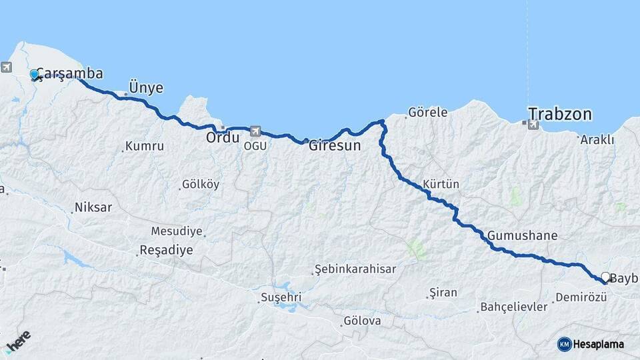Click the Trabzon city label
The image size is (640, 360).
[560, 114]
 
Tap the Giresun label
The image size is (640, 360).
[335, 145]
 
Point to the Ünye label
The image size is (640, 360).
[145, 88]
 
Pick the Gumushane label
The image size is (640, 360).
[522, 235]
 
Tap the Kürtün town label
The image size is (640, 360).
[441, 184]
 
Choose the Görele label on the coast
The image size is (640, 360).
[427, 113]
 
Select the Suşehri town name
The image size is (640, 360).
[281, 297]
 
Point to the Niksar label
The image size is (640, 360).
[94, 207]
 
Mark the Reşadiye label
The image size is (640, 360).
[165, 251]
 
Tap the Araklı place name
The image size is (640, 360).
[597, 139]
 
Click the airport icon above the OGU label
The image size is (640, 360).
[255, 131]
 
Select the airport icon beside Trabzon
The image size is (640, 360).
[533, 125]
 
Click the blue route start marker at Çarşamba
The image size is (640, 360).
[34, 75]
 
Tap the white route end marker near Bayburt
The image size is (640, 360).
[605, 277]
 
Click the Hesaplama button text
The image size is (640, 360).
[598, 344]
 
